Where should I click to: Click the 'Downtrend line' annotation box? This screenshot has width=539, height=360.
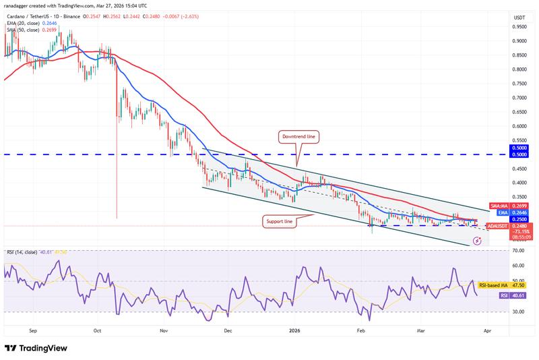point(298,137)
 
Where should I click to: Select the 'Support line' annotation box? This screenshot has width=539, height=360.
point(278,220)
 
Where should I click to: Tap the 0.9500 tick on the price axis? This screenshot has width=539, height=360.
point(519,28)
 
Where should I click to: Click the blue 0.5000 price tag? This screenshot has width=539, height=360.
point(519,148)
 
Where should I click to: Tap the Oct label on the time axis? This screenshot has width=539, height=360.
point(97,331)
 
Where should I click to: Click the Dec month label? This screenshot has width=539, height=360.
point(228,331)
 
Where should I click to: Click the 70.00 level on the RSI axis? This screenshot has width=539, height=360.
point(519,250)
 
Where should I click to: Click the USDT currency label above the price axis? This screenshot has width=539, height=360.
point(519,17)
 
